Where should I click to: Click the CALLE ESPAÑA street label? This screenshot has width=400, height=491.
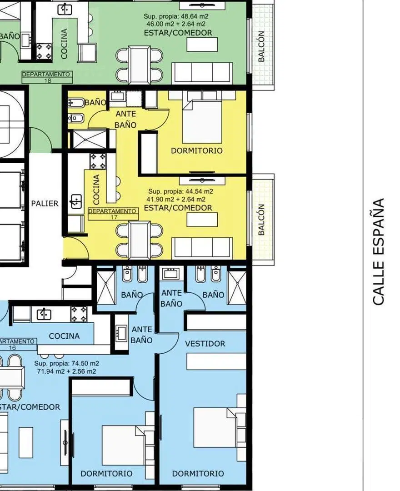click(x=378, y=251)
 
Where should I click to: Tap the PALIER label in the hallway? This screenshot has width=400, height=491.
click(x=45, y=204)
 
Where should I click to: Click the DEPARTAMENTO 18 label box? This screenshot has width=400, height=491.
click(x=47, y=77)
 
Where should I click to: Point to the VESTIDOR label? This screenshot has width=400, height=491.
click(x=205, y=344)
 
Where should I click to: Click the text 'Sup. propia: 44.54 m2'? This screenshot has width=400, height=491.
click(x=180, y=191)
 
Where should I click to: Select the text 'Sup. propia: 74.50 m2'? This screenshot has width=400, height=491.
click(x=67, y=364)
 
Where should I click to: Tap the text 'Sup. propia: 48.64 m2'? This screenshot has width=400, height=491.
click(x=176, y=16)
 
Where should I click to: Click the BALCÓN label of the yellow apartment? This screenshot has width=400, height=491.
click(x=261, y=220)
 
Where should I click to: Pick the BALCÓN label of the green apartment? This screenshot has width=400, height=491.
click(x=261, y=46)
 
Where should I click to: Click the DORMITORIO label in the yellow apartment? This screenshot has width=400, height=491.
click(x=196, y=150)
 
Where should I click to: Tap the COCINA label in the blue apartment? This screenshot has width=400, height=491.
click(x=64, y=336)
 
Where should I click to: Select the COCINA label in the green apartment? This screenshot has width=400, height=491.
click(x=64, y=44)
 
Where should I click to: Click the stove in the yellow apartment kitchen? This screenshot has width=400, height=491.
click(x=98, y=161)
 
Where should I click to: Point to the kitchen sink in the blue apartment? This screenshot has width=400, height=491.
click(x=44, y=314)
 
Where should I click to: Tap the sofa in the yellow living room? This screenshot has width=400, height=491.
click(x=202, y=248)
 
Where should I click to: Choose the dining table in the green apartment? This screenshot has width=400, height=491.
click(x=139, y=65)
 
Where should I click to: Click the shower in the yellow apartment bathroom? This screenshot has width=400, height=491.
click(x=90, y=140)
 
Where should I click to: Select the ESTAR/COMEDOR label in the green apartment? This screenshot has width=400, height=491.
click(x=178, y=33)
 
